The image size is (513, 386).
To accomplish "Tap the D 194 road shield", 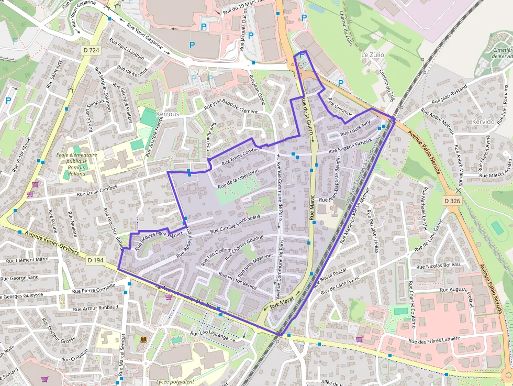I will click(x=96, y=260).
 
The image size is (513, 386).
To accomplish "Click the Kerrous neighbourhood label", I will click(x=168, y=114).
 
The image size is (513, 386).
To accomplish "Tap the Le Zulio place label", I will click(x=372, y=54).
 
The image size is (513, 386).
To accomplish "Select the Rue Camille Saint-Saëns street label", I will click(x=235, y=224).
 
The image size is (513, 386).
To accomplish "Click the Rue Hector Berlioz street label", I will click(x=238, y=283).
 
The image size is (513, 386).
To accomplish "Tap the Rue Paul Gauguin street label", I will click(x=127, y=47).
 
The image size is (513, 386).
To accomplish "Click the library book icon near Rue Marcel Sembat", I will click(x=143, y=340).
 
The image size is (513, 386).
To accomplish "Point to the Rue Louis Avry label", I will click(x=355, y=128).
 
